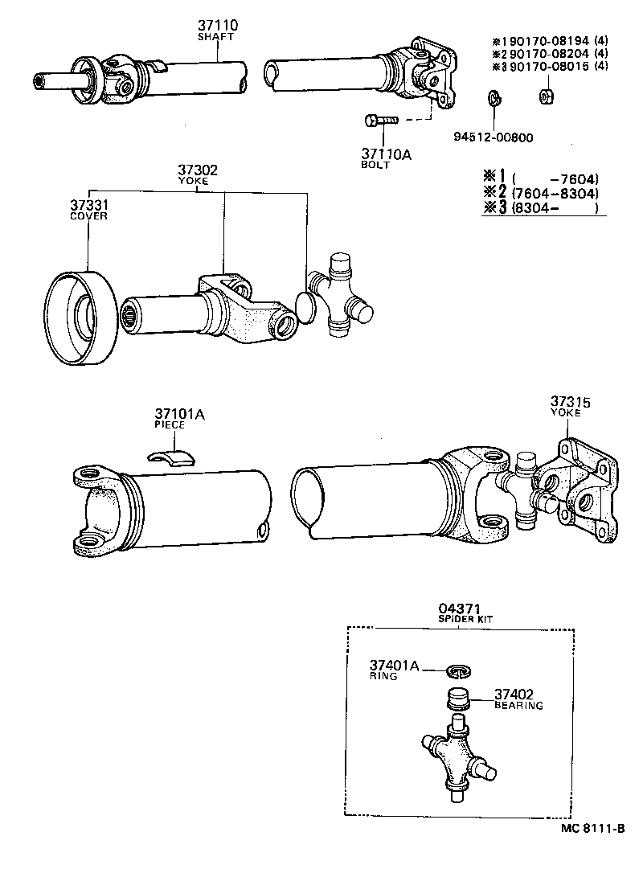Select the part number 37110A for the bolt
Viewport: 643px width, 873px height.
coord(386,154)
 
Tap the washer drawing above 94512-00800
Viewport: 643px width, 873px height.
coord(495,99)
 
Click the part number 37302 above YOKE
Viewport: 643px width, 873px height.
coord(197,170)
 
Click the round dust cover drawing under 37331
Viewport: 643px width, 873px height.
coord(79,319)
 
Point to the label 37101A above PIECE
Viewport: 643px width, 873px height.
coord(178,414)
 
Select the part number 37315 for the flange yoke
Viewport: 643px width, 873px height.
coord(569,401)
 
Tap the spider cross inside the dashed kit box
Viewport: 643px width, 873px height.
coord(455,760)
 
